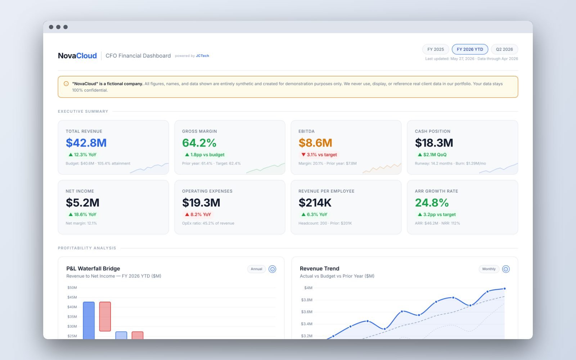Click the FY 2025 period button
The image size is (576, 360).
coord(436,49)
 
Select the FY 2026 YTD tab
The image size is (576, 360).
coord(470,49)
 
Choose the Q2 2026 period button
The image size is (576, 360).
coord(504,49)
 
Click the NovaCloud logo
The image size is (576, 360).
coord(77,55)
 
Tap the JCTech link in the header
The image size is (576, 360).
coord(202,56)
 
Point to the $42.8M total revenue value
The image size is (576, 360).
coord(86,143)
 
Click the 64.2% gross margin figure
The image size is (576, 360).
coord(199,143)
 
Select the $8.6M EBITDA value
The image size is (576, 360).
coord(315,143)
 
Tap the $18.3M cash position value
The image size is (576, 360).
coord(434,143)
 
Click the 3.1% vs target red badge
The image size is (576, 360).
coord(319,154)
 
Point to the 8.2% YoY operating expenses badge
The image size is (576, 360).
coord(198,215)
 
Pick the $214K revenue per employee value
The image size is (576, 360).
coord(315,203)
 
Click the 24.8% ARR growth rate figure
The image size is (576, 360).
coord(432,203)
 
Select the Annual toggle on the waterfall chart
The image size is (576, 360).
coord(256,269)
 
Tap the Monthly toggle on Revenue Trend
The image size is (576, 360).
coord(489,269)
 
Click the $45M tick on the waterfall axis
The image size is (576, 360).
coord(72,297)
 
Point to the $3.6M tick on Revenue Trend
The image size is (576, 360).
coord(306,312)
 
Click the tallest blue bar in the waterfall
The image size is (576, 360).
coord(89,320)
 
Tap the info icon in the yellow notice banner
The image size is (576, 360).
coord(66,84)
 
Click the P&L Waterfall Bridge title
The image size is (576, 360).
coord(93,269)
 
